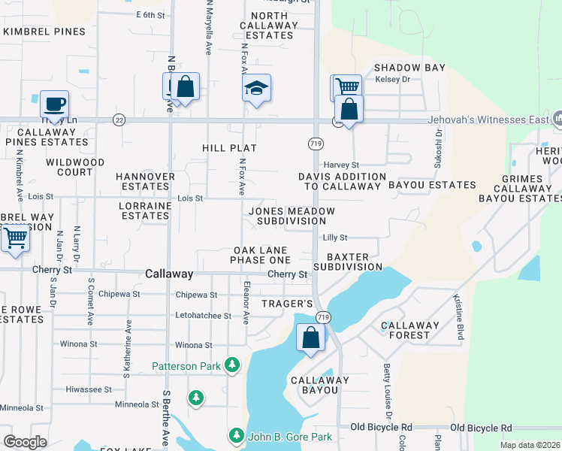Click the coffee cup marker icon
click(x=54, y=104)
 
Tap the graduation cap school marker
click(x=256, y=89)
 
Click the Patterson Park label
click(x=186, y=366)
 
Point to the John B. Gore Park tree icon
click(x=236, y=436)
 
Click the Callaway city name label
click(x=169, y=274)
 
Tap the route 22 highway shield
click(x=119, y=120)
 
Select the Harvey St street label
click(x=342, y=165)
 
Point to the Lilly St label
click(x=334, y=238)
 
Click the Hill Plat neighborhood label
click(x=230, y=149)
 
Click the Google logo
click(x=25, y=442)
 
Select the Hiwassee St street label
click(x=89, y=390)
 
